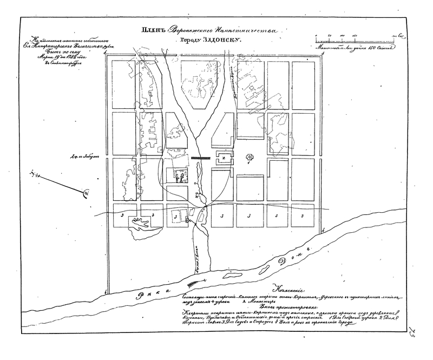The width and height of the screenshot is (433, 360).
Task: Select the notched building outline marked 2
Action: [x=221, y=159]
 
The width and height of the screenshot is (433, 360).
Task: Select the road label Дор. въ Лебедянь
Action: [x=88, y=158]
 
